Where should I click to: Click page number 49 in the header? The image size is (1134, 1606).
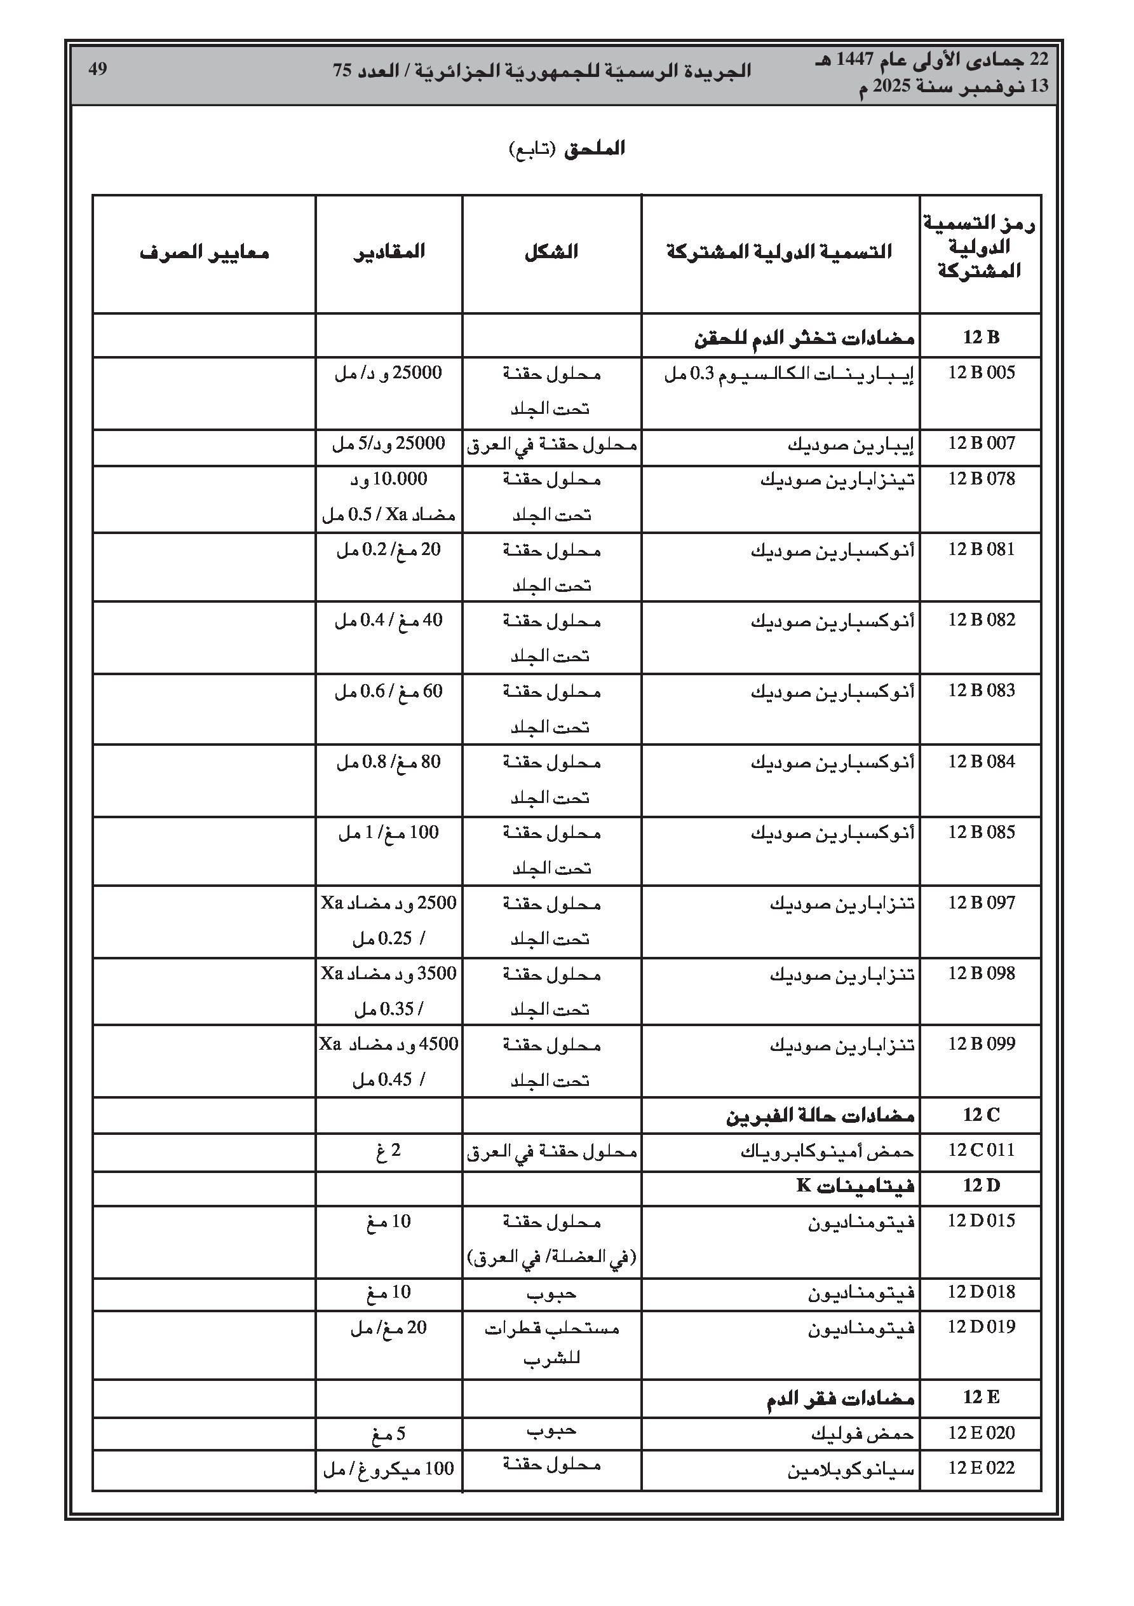(x=97, y=69)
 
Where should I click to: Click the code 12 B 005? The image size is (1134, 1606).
(x=981, y=373)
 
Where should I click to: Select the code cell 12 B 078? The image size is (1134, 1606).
(x=981, y=479)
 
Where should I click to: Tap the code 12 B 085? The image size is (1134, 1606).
(x=981, y=832)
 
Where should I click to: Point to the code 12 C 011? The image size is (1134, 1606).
(x=981, y=1150)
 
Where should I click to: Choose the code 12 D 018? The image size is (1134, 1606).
(x=981, y=1292)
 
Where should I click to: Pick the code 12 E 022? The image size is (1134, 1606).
(x=981, y=1468)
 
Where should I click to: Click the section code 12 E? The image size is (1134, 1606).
(x=981, y=1397)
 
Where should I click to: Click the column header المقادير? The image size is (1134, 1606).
(x=389, y=252)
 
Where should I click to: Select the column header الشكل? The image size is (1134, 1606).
(x=551, y=252)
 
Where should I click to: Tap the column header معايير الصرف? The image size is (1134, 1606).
(x=204, y=252)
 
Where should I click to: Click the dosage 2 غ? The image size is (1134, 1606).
(x=389, y=1151)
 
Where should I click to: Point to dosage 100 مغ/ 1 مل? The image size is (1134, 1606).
(x=389, y=832)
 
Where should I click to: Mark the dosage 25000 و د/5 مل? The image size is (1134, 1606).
(x=389, y=444)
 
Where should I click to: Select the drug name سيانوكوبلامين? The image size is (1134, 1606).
(x=851, y=1469)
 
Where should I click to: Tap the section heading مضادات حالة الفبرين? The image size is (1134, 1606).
(x=820, y=1115)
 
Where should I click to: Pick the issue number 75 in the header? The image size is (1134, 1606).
(x=342, y=71)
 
